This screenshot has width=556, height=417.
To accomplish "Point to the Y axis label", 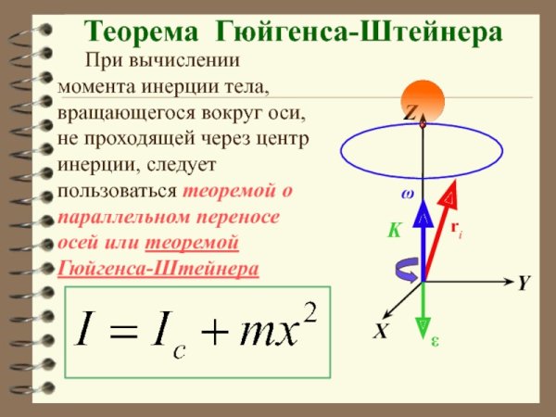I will point(524,284).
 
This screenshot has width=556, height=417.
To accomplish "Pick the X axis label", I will point(380,331).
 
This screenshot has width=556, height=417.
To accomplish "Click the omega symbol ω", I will point(407,196).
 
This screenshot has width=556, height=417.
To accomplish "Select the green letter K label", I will point(394,232).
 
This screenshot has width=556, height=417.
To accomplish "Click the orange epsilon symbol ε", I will point(436,341).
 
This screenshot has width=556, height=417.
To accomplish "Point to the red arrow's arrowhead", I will point(451,192).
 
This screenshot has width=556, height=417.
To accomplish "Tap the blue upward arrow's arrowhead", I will point(423,212).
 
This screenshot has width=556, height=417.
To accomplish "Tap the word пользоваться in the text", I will point(117,192).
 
